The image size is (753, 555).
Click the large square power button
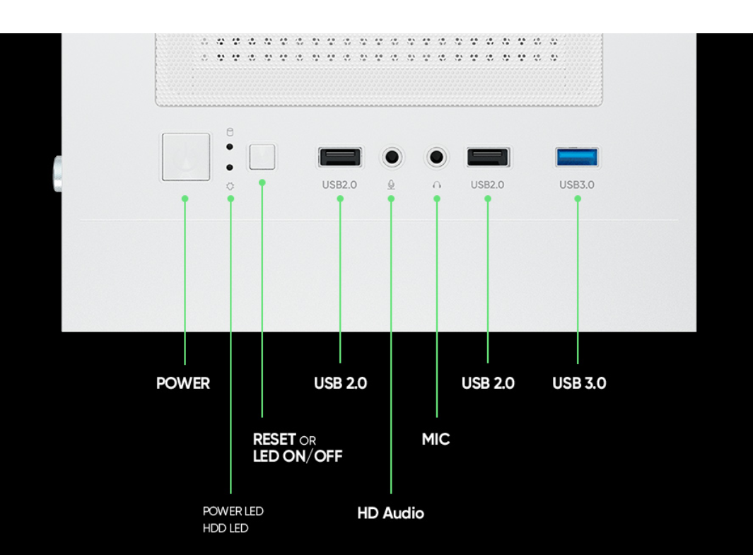click(x=185, y=157)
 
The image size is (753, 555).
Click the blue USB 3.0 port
click(x=577, y=157)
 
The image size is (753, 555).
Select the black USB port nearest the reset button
click(x=340, y=157)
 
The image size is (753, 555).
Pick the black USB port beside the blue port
click(x=487, y=157)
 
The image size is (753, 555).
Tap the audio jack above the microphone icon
click(x=392, y=156)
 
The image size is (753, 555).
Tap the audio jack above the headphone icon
click(x=437, y=156)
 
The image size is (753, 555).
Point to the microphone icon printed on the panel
click(x=391, y=185)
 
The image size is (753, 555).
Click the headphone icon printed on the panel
click(x=437, y=185)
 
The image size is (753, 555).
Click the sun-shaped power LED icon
click(x=230, y=187)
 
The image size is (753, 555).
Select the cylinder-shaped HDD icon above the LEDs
click(x=229, y=132)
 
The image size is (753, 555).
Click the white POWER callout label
click(x=183, y=383)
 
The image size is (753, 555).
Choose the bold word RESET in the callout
click(x=274, y=439)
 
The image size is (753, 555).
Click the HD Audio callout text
click(x=390, y=513)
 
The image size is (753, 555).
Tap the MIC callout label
click(x=436, y=439)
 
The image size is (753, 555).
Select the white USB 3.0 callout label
click(x=579, y=383)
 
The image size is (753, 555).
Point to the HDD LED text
click(x=226, y=528)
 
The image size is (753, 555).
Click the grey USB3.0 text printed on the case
click(x=577, y=185)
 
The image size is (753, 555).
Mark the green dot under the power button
click(x=185, y=199)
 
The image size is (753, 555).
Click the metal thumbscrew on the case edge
click(x=55, y=173)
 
